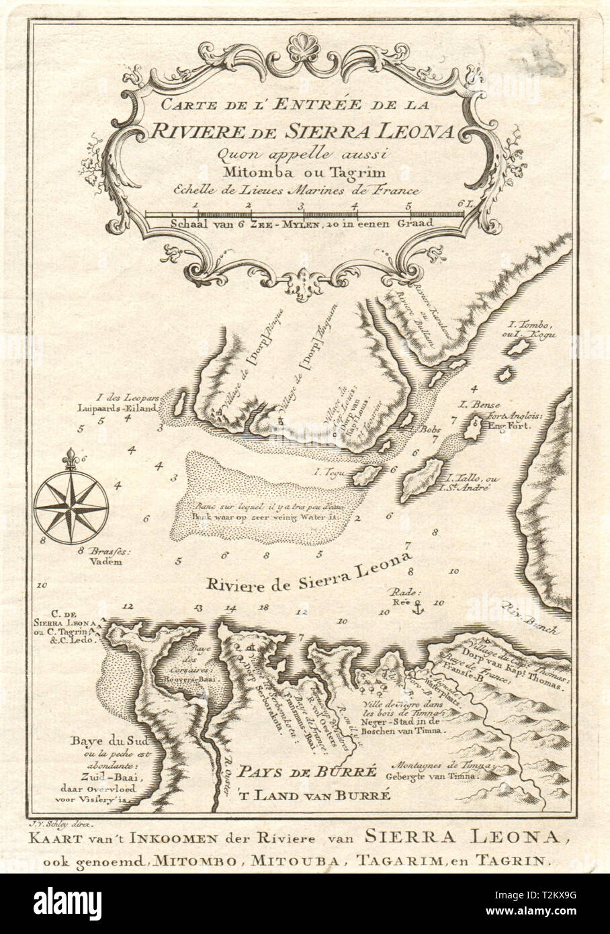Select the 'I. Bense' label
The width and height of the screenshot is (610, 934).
472,405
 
